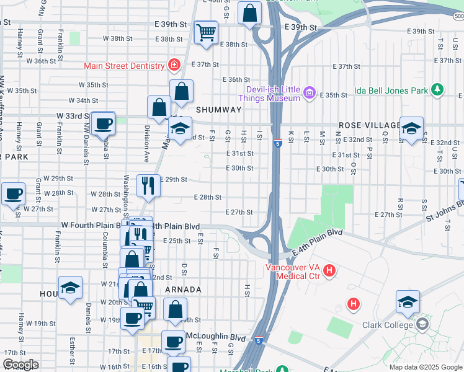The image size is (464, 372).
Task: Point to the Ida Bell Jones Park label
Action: coord(391,91)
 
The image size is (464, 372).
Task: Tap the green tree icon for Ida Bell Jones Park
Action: coord(437,91)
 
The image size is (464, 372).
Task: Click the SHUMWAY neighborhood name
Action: coord(218,110)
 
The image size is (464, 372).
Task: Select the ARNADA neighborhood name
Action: coord(183,290)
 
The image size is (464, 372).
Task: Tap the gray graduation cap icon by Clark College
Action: coord(422,324)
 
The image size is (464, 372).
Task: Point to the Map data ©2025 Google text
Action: coord(426,367)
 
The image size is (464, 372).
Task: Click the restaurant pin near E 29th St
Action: coord(148,185)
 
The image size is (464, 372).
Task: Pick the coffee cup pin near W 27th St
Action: coord(13,194)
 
